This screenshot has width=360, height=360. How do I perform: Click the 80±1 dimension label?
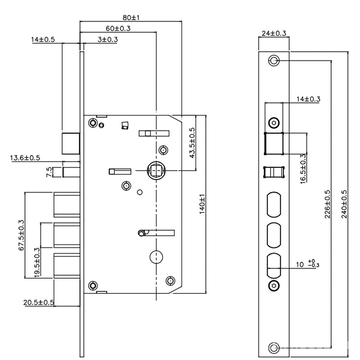tap(131, 18)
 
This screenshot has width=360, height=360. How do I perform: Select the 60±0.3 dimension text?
tap(117, 28)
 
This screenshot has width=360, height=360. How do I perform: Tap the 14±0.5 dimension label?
tap(43, 40)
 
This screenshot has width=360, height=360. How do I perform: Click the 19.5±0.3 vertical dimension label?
tap(37, 263)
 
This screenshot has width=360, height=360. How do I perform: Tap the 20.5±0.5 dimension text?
tap(39, 302)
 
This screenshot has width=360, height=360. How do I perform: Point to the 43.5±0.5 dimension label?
tap(192, 143)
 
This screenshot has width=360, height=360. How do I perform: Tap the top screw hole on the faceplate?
tap(274, 61)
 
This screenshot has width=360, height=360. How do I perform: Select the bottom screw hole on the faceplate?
tap(274, 347)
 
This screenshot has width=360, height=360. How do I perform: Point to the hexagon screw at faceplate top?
tap(274, 123)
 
